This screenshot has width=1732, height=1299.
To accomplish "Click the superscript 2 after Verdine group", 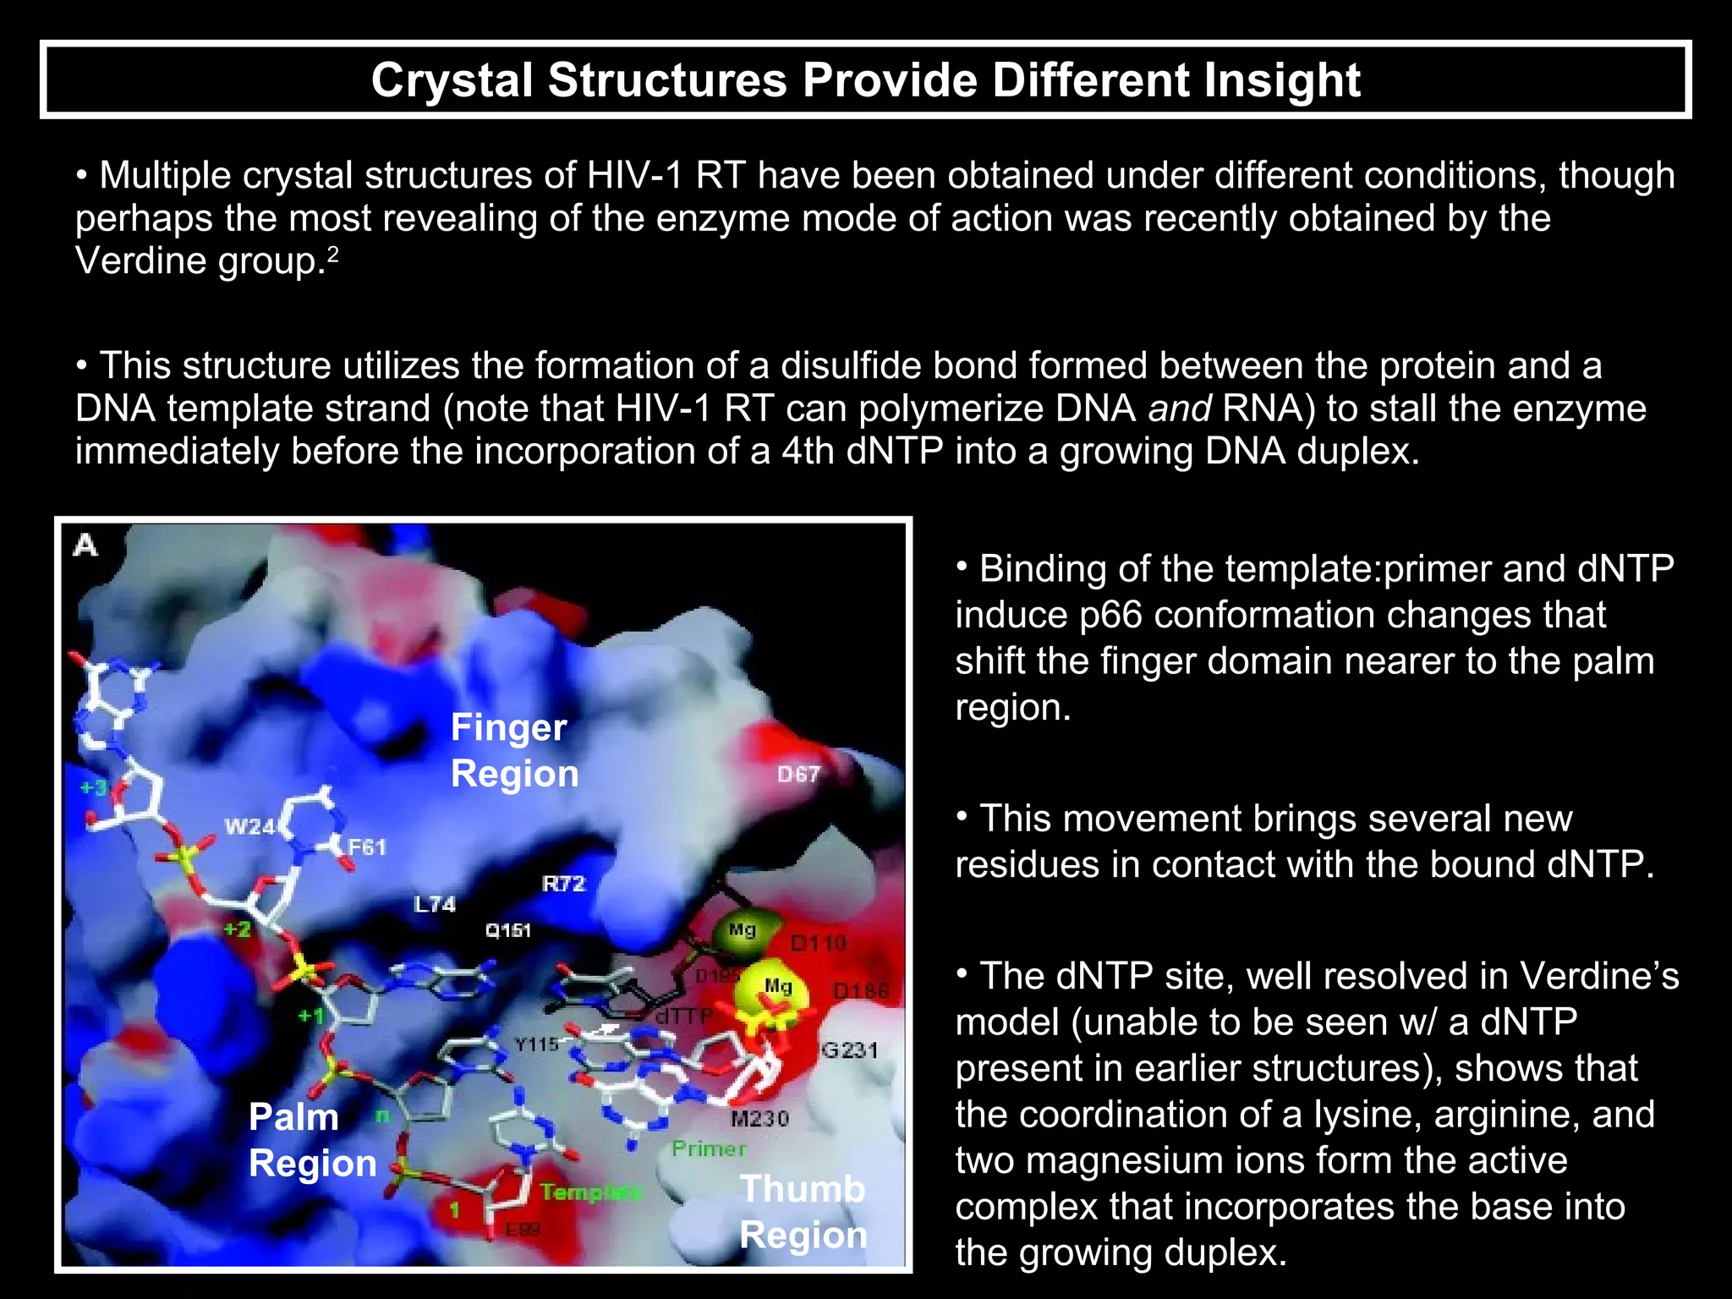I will click(x=333, y=254).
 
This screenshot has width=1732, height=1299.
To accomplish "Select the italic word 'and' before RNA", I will click(x=1180, y=408).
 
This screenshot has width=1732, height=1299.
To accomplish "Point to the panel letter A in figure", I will click(x=86, y=545).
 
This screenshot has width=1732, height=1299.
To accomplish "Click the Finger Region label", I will click(x=513, y=750).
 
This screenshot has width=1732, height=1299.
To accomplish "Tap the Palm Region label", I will click(x=311, y=1140).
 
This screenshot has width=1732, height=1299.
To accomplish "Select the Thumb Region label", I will click(x=803, y=1211).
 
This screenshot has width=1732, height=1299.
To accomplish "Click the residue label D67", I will click(x=798, y=774).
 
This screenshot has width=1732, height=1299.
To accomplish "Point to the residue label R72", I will click(x=563, y=884).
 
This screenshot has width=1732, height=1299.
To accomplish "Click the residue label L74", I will click(x=435, y=904).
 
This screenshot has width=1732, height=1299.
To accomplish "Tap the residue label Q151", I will click(x=507, y=930).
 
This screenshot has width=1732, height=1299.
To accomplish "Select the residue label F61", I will click(x=367, y=847).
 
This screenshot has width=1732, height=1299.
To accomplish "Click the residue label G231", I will click(x=850, y=1050).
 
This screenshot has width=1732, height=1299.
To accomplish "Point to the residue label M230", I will click(x=759, y=1119).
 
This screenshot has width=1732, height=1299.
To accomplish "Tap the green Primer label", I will click(x=710, y=1148).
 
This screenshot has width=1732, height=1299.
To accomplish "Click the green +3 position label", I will click(x=94, y=787).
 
